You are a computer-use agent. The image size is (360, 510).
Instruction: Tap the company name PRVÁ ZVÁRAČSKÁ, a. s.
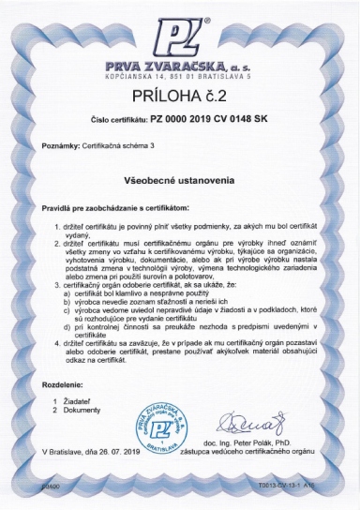click(178, 65)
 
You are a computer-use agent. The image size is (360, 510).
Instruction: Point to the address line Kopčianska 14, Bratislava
click(178, 75)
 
